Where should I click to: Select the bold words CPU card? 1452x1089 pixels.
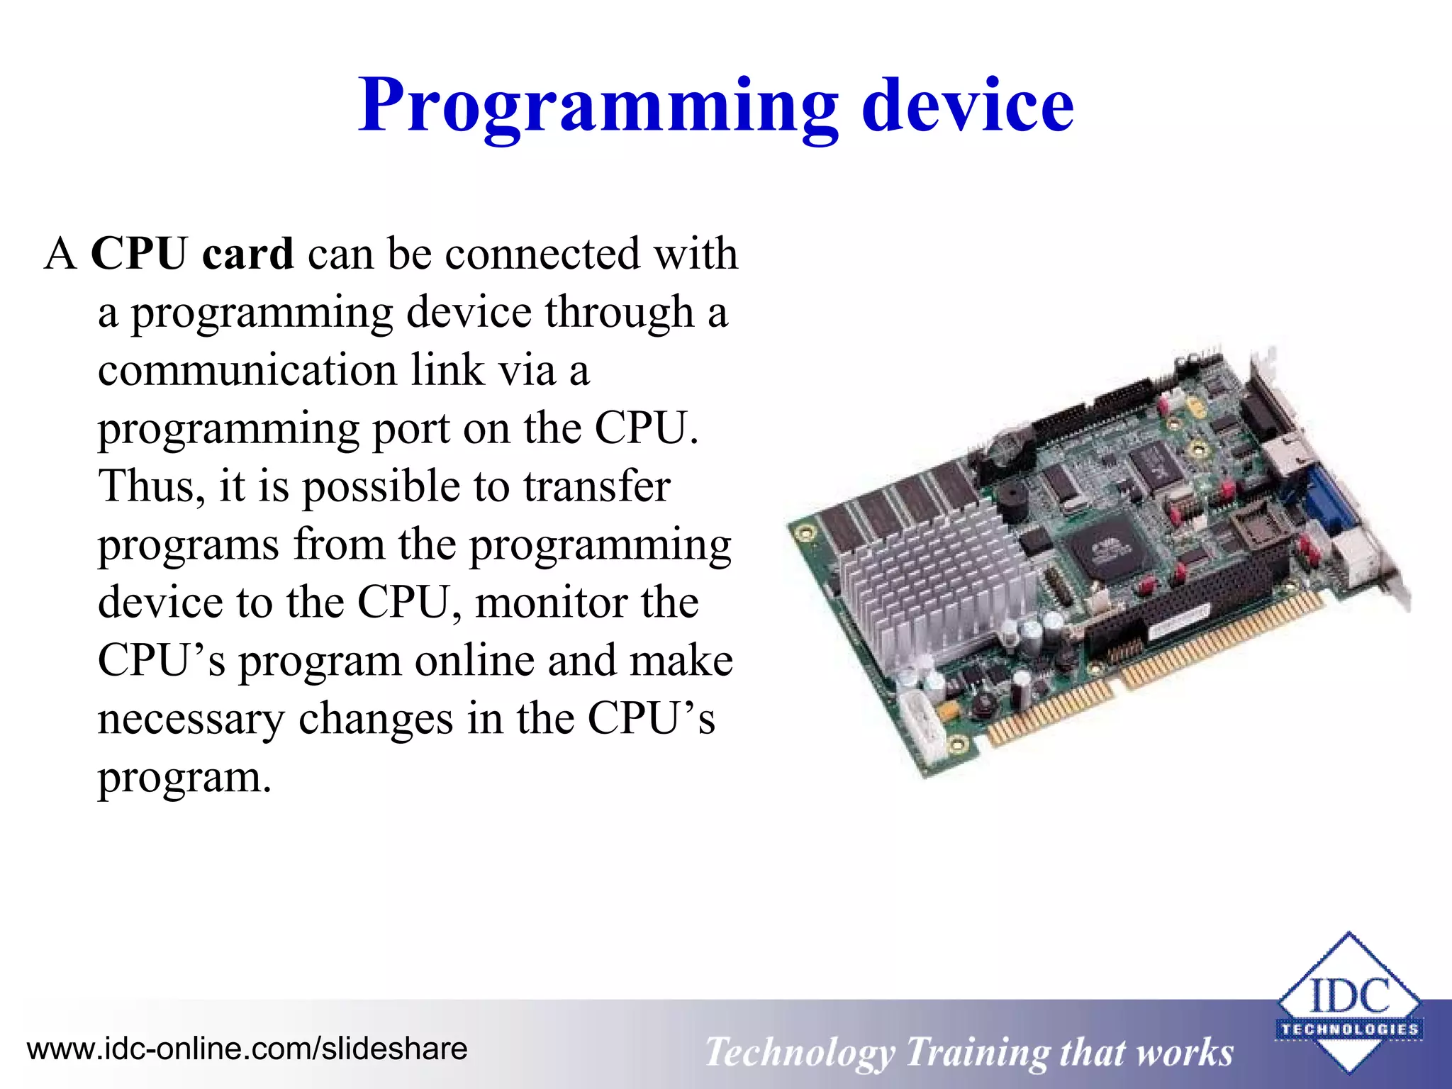click(x=192, y=253)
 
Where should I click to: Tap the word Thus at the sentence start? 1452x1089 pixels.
click(x=146, y=486)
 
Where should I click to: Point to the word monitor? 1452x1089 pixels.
click(x=551, y=603)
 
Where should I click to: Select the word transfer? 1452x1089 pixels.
click(x=596, y=486)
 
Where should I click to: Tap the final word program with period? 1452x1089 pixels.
click(x=184, y=777)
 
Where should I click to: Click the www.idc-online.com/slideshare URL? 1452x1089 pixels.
click(x=247, y=1049)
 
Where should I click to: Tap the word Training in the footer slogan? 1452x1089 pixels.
click(x=975, y=1052)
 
